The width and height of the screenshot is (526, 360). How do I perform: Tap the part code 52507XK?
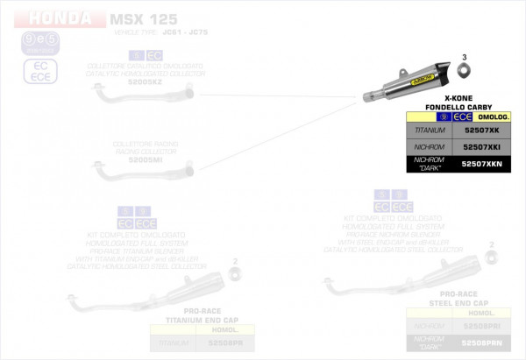[480, 130]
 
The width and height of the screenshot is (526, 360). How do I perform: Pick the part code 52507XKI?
[480, 147]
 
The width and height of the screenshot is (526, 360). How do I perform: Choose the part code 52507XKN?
[480, 164]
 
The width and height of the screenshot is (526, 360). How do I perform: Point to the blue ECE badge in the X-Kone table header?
[463, 116]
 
